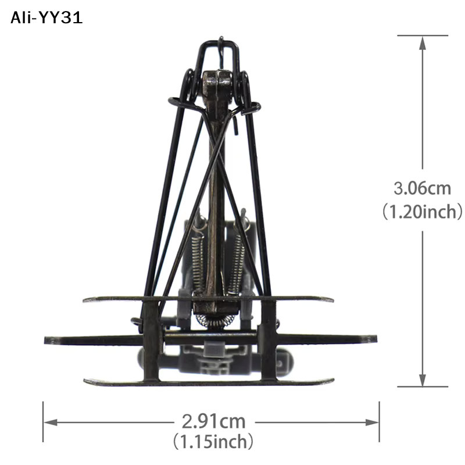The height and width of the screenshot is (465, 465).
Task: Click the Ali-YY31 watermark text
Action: click(x=46, y=18)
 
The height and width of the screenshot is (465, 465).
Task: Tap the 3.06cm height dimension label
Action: click(x=423, y=188)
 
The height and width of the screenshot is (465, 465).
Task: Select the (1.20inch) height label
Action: click(x=423, y=212)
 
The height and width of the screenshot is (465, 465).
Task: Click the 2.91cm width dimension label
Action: click(x=213, y=421)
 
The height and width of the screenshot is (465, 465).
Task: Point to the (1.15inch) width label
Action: click(x=213, y=442)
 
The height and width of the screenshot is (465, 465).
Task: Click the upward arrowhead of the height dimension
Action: click(x=423, y=44)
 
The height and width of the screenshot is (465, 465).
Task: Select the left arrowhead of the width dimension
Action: click(x=51, y=423)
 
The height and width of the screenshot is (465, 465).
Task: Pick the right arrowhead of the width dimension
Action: click(x=372, y=423)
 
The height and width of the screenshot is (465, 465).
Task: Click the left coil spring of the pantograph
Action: click(x=197, y=261)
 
